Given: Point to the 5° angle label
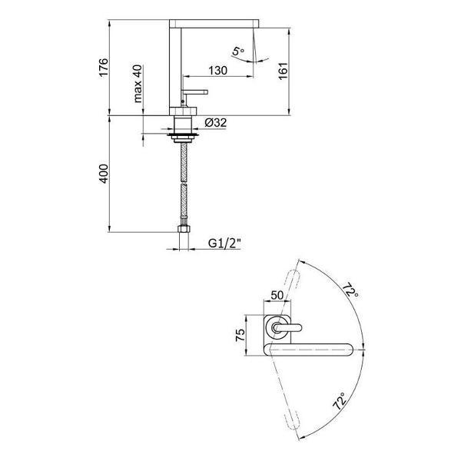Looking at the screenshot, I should pos(239,51).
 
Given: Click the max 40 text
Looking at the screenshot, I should pos(138,84).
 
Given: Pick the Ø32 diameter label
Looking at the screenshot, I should pos(217,121).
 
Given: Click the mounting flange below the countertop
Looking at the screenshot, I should pos(183,136).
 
